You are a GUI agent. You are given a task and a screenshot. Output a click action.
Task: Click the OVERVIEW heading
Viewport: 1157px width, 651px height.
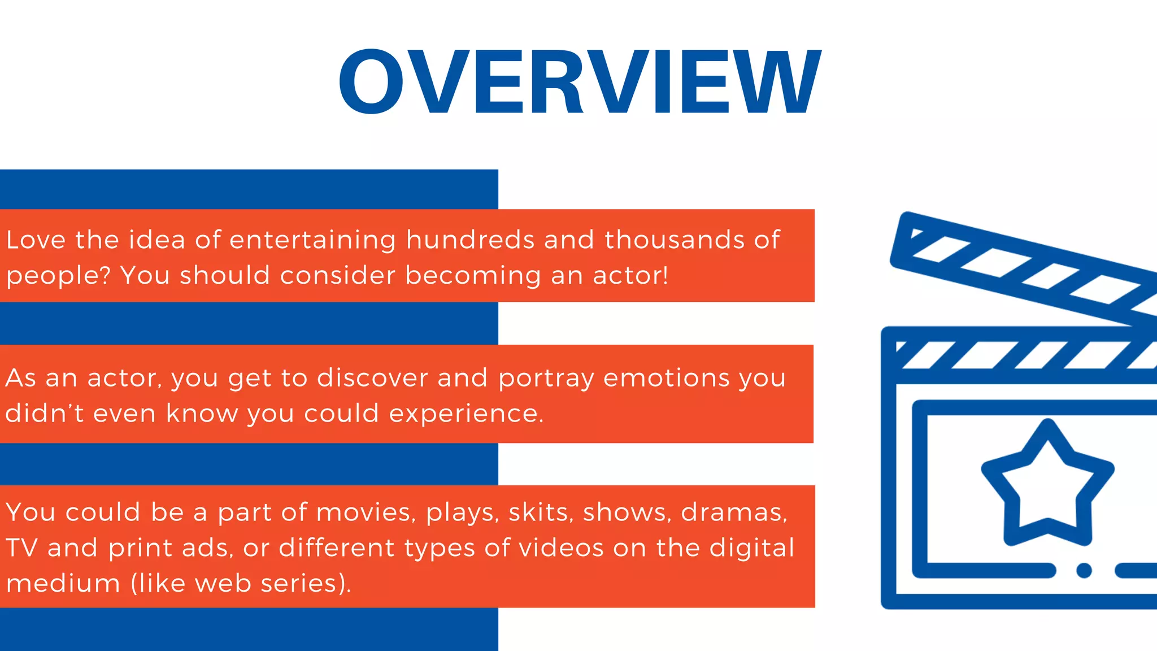580,82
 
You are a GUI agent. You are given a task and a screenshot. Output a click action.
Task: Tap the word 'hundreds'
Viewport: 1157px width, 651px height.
470,240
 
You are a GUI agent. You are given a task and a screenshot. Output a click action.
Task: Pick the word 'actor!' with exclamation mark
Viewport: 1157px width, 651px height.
630,276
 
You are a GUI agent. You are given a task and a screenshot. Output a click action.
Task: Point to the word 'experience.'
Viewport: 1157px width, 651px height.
466,414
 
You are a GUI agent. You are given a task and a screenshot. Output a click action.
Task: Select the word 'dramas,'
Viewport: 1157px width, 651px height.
734,513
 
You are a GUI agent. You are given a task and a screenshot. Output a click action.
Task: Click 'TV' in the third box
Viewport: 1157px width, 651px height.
21,548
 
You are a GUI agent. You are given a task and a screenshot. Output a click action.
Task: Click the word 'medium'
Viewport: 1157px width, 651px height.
63,583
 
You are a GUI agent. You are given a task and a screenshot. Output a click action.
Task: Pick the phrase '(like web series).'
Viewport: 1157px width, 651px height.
241,583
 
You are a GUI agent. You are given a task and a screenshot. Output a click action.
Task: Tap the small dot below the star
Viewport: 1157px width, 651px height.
1084,570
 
